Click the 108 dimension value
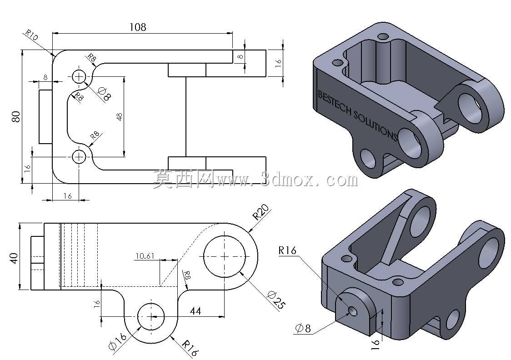(138, 27)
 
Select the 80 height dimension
(15, 117)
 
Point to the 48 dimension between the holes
(119, 117)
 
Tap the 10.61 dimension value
(145, 256)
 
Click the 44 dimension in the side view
(195, 311)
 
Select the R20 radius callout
(261, 212)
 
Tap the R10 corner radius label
(32, 35)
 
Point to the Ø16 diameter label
(117, 341)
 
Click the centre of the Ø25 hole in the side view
(225, 256)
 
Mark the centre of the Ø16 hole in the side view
(151, 316)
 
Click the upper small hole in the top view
(79, 77)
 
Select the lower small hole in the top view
(79, 157)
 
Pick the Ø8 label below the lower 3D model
(303, 328)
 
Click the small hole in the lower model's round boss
(353, 311)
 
